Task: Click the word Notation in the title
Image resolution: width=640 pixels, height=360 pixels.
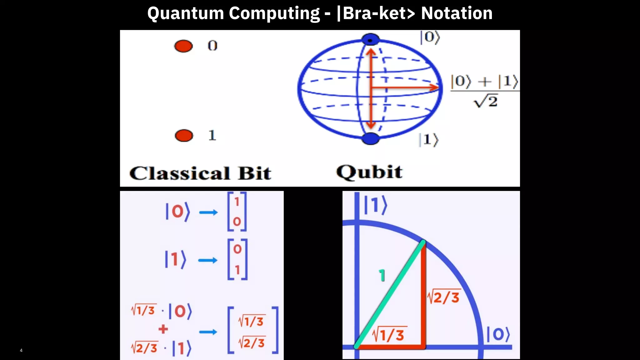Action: (x=457, y=13)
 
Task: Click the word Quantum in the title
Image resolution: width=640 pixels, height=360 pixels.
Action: (x=186, y=13)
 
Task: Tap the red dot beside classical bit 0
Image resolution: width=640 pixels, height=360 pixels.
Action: (x=183, y=46)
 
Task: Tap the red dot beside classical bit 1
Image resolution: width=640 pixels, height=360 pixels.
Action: (x=184, y=136)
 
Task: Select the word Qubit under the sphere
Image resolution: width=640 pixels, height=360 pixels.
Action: (x=369, y=172)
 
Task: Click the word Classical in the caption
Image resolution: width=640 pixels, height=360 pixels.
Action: (x=180, y=173)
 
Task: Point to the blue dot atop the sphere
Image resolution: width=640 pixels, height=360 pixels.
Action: (x=370, y=40)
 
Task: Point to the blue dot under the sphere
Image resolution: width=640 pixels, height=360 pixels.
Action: (x=370, y=138)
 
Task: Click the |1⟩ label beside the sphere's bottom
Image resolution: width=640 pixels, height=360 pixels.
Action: (x=429, y=140)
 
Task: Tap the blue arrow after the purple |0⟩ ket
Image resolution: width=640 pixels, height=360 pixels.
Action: (x=208, y=212)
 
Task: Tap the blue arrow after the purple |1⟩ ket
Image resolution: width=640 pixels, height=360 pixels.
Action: (x=208, y=260)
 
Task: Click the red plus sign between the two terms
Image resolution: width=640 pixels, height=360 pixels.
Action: (x=163, y=329)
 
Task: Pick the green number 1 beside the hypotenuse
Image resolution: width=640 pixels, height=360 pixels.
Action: (x=382, y=275)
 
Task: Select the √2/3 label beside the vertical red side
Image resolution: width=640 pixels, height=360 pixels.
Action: (x=444, y=297)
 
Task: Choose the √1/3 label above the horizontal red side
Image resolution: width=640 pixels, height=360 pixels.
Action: (x=389, y=335)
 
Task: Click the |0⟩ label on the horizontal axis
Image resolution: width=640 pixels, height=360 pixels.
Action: (x=498, y=334)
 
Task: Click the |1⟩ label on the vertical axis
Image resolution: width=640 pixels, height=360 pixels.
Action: (x=376, y=205)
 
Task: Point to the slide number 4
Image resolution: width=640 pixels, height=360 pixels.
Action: (x=21, y=350)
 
